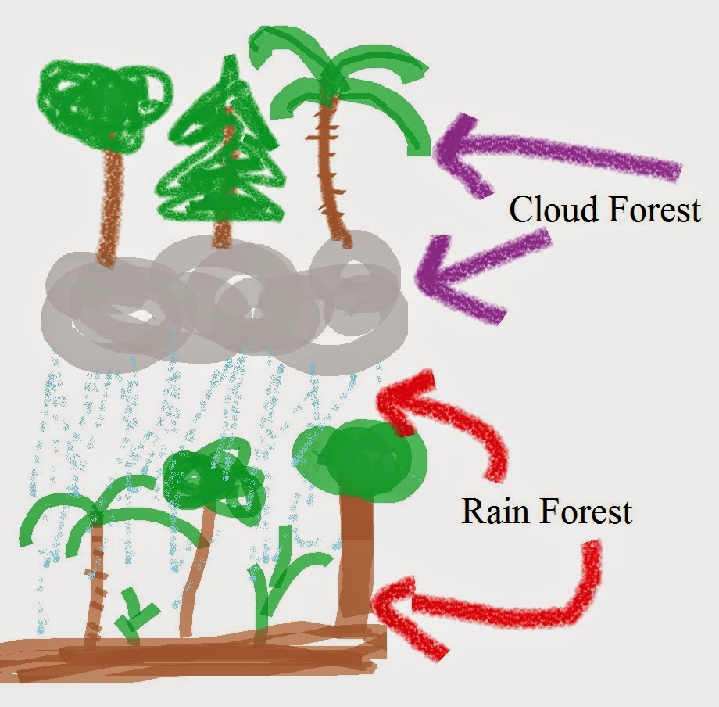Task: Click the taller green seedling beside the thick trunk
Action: point(274,583)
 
